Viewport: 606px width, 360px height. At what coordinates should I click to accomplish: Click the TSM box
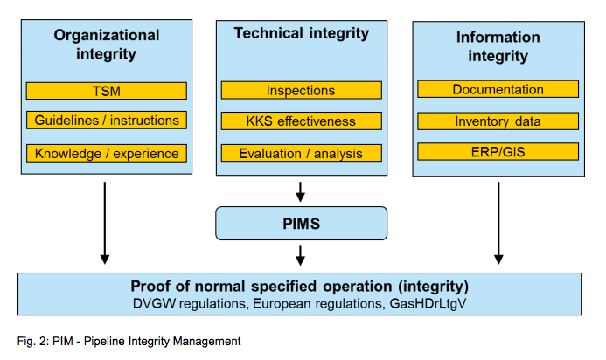[x=107, y=91]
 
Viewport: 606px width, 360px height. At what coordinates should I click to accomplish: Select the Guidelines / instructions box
[x=107, y=121]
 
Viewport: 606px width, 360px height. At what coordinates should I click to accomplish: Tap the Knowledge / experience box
[x=107, y=153]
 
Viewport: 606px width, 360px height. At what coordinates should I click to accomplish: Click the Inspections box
[x=301, y=90]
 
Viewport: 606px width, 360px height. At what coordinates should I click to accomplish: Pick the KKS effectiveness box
[x=301, y=121]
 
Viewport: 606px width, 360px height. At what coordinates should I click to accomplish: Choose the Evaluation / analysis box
[x=301, y=153]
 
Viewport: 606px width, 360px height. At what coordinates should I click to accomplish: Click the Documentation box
[x=498, y=89]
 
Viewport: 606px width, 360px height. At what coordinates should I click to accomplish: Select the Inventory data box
[x=498, y=121]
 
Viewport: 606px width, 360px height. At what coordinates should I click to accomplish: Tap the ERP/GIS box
[x=498, y=151]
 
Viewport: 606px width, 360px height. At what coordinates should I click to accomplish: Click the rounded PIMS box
[x=301, y=224]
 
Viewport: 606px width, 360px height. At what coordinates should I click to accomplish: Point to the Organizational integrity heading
[x=107, y=45]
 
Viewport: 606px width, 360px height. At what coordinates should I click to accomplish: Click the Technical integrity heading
[x=301, y=34]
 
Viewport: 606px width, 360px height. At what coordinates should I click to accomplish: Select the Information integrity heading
[x=498, y=46]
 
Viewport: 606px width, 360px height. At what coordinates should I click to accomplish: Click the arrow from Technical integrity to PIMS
[x=301, y=190]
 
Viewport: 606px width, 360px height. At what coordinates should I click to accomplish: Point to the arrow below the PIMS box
[x=301, y=254]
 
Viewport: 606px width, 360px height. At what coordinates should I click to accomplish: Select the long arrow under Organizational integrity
[x=105, y=223]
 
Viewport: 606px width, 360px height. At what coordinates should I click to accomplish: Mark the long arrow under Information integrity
[x=498, y=223]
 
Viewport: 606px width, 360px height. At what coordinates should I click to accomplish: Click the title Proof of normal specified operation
[x=300, y=286]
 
